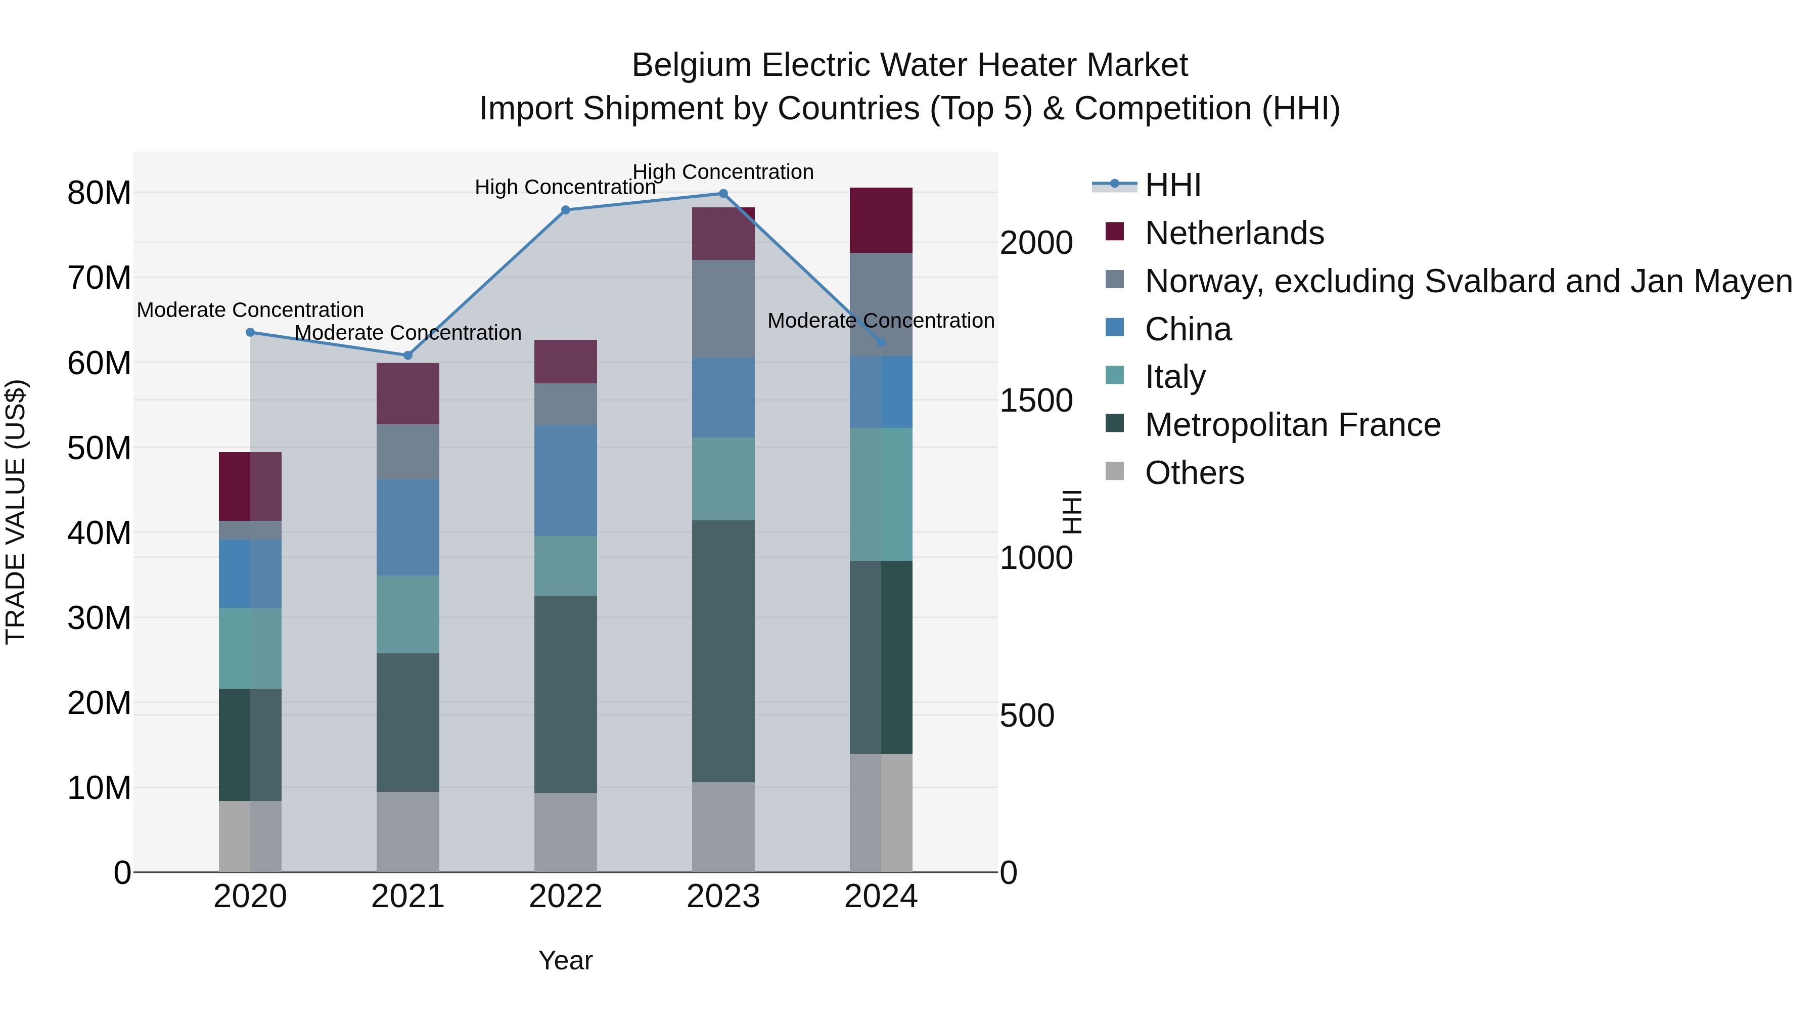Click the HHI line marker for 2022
[565, 210]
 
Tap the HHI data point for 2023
[723, 194]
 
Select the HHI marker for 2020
[250, 332]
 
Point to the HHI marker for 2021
[407, 355]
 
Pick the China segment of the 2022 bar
[565, 480]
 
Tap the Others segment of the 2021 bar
[407, 832]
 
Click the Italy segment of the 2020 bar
[250, 648]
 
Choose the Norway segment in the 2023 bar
[723, 309]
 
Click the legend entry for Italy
[1175, 377]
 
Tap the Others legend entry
[1194, 473]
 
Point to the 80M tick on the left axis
[99, 193]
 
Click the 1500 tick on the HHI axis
[1036, 400]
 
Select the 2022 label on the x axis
[565, 897]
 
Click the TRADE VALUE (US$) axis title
[16, 512]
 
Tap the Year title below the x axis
[565, 960]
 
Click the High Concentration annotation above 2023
[723, 172]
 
